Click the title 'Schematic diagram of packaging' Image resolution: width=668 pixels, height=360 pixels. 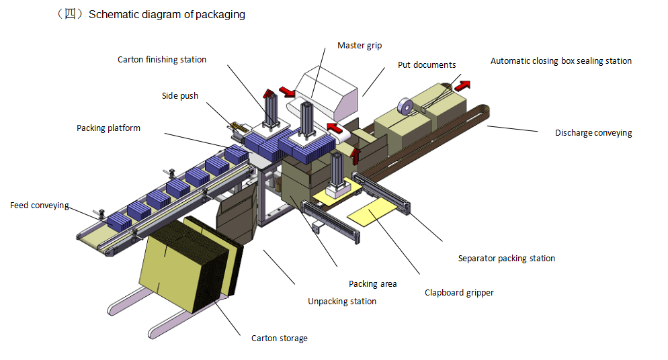click(x=167, y=15)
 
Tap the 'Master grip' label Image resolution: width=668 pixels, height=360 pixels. click(x=360, y=46)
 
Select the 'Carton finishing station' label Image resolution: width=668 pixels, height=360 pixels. click(x=162, y=59)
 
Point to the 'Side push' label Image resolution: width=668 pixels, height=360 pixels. click(x=180, y=95)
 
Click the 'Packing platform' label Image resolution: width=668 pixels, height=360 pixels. click(x=108, y=128)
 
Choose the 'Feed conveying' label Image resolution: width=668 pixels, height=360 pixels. click(x=40, y=205)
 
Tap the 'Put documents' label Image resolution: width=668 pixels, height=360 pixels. click(x=427, y=64)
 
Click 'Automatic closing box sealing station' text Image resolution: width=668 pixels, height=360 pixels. click(x=560, y=60)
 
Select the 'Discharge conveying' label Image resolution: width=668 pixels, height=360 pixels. click(x=593, y=132)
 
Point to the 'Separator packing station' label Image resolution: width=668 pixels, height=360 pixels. click(x=506, y=258)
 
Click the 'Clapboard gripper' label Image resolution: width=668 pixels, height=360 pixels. click(x=459, y=293)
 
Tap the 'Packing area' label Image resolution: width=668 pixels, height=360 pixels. click(x=372, y=283)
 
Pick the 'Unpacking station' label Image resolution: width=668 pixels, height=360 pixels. click(x=342, y=301)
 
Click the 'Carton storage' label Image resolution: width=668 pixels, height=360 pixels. click(x=279, y=338)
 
